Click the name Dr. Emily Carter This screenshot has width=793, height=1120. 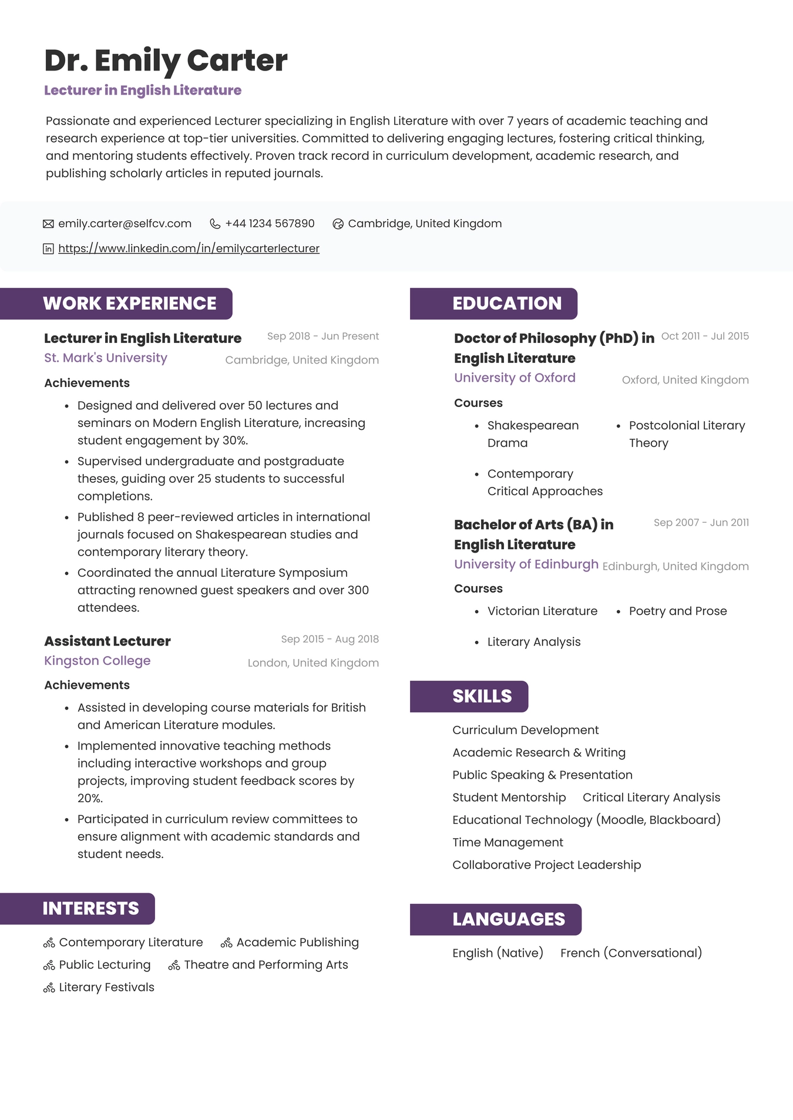point(166,60)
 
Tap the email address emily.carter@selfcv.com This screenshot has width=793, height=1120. point(125,224)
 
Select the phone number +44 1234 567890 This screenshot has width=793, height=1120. point(270,224)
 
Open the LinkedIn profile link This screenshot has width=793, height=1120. point(189,248)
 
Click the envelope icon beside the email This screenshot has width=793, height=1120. point(48,224)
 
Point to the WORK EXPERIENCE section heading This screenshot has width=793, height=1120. point(129,304)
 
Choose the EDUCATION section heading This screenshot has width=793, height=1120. point(506,304)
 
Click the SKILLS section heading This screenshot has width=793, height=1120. point(482,697)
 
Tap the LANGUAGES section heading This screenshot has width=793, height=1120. point(508,920)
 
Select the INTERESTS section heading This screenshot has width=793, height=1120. point(90,909)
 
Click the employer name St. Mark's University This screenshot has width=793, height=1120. point(106,358)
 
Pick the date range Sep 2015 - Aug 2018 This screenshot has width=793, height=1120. point(330,639)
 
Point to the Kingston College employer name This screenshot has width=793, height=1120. point(98,661)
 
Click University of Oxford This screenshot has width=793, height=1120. point(515,378)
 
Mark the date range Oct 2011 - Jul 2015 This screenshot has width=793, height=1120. point(705,336)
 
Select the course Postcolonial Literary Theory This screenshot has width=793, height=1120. point(687,434)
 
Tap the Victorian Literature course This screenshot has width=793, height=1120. point(542,611)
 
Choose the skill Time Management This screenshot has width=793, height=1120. point(508,843)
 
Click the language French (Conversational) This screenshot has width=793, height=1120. point(631,953)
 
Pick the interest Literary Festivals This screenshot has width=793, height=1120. point(106,988)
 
